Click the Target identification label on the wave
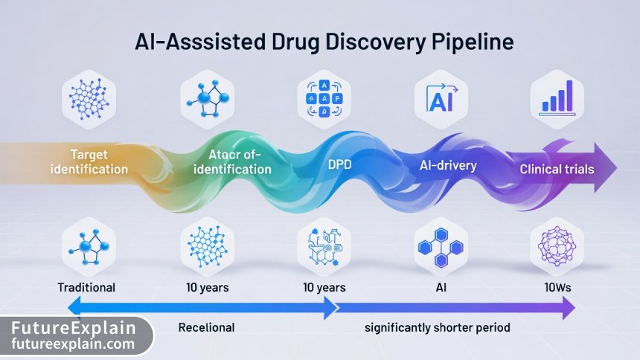pos(89,161)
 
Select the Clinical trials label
pos(557,169)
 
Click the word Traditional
pos(87,287)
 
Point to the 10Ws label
pos(556,287)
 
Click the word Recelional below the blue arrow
pos(207,327)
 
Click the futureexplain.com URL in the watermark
pos(73,344)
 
